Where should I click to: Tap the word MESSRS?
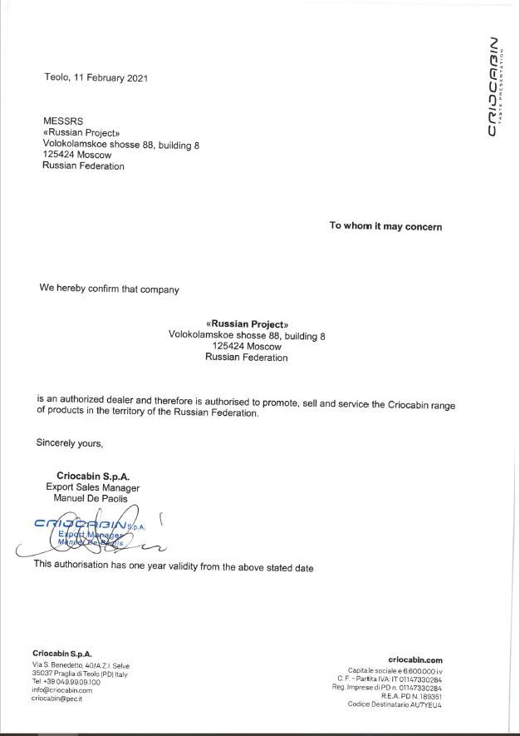(x=62, y=121)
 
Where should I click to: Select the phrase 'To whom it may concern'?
(x=385, y=226)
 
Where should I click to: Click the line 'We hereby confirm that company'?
(x=109, y=289)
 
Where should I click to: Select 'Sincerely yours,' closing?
(x=70, y=442)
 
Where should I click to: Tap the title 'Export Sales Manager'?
(x=92, y=487)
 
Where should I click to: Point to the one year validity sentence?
(x=174, y=565)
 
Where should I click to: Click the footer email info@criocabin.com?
(x=62, y=690)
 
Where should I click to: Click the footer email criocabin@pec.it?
(x=56, y=699)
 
